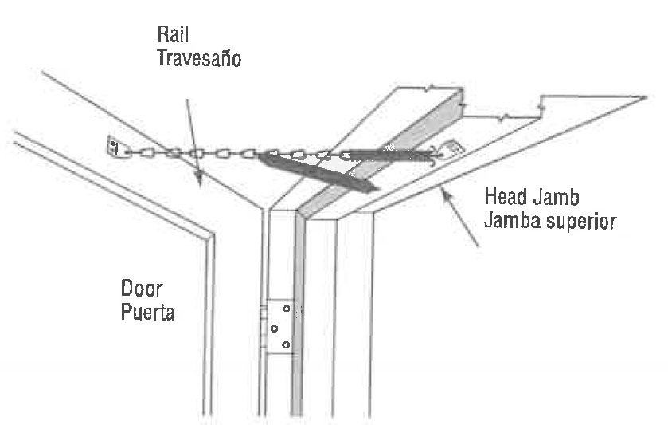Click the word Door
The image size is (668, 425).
(x=142, y=288)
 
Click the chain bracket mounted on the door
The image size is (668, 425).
(x=113, y=147)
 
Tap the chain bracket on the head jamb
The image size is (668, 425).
(x=450, y=148)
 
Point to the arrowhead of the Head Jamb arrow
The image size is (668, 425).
(x=442, y=189)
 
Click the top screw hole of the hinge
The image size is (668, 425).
(x=286, y=309)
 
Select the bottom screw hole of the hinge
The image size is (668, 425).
(x=286, y=344)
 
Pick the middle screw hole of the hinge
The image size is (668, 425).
(x=274, y=328)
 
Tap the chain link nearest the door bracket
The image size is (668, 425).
(x=133, y=151)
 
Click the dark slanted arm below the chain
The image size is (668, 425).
(x=318, y=171)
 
